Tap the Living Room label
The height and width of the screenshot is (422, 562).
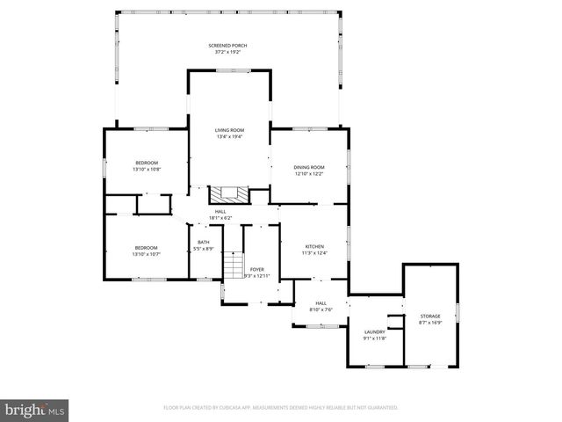(x=229, y=130)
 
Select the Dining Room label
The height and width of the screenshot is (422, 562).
(x=309, y=167)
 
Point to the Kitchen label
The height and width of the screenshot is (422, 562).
(x=314, y=246)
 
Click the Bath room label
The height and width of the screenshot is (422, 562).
(x=204, y=243)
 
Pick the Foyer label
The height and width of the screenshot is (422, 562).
(x=256, y=269)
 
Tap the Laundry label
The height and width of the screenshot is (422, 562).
(x=374, y=331)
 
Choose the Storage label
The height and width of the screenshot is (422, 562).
(x=429, y=316)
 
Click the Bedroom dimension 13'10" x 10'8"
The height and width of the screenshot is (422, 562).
(x=147, y=169)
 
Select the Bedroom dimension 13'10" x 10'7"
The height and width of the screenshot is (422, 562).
(x=147, y=254)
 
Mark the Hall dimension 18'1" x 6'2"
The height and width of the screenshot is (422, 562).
(x=220, y=218)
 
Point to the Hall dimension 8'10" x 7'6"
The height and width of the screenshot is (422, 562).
(x=321, y=309)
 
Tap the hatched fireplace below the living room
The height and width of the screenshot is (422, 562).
(x=229, y=194)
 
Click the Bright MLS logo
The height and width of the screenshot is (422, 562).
(x=35, y=410)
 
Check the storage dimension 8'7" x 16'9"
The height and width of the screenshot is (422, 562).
(x=429, y=323)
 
